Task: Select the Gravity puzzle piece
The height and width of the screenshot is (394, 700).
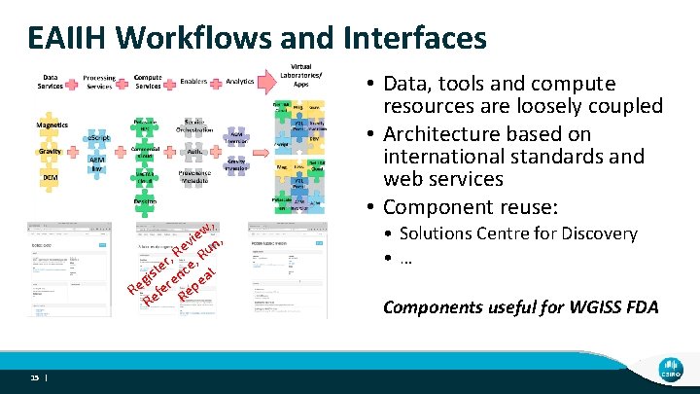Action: pyautogui.click(x=52, y=153)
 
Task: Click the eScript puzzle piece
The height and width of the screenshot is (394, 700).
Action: pyautogui.click(x=99, y=140)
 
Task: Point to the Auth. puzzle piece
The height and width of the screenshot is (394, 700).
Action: pyautogui.click(x=192, y=152)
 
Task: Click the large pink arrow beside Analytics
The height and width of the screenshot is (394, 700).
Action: pyautogui.click(x=265, y=84)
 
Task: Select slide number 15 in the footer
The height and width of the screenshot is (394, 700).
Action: pyautogui.click(x=34, y=378)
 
